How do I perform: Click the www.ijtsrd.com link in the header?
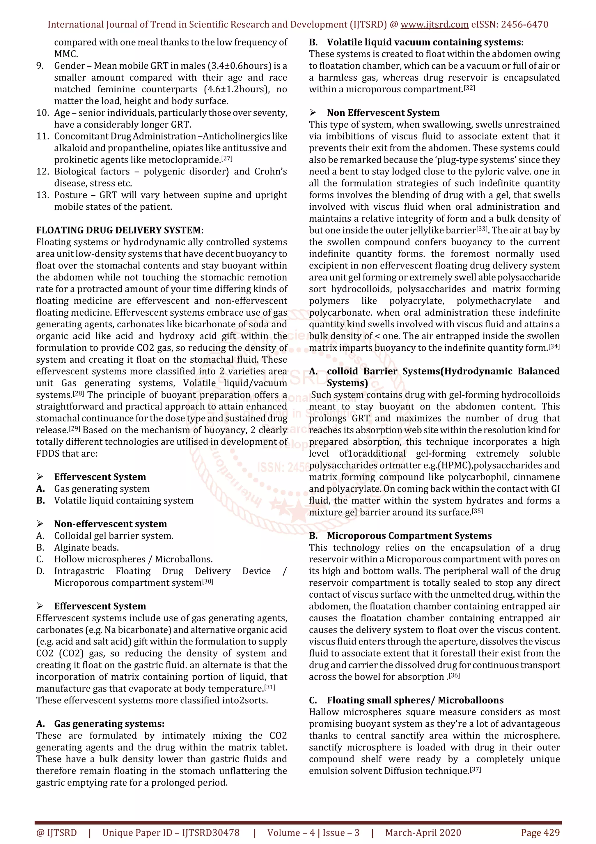pyautogui.click(x=434, y=25)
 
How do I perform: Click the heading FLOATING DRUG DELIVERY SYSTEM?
pyautogui.click(x=120, y=230)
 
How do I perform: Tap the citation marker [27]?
pyautogui.click(x=227, y=159)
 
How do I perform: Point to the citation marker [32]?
pyautogui.click(x=469, y=88)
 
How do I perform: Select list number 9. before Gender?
pyautogui.click(x=40, y=66)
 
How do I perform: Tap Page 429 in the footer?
pyautogui.click(x=540, y=833)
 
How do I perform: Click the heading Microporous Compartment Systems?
pyautogui.click(x=409, y=536)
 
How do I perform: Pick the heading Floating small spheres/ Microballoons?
pyautogui.click(x=415, y=701)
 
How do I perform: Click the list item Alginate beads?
pyautogui.click(x=86, y=548)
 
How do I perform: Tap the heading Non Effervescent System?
pyautogui.click(x=383, y=113)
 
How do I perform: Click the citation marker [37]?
pyautogui.click(x=475, y=769)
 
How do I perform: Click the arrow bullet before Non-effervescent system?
pyautogui.click(x=40, y=524)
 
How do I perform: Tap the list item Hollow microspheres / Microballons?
pyautogui.click(x=133, y=559)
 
